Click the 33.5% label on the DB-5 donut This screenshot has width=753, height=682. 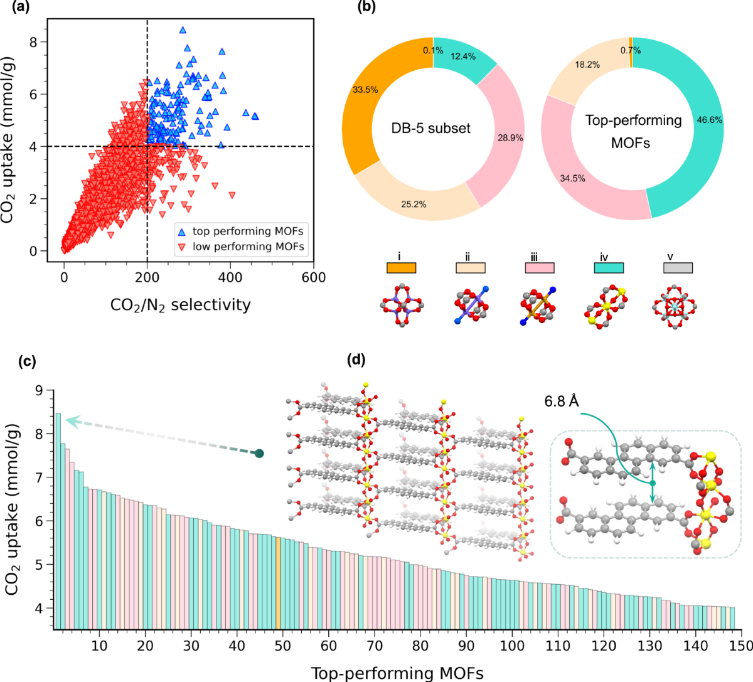tap(365, 90)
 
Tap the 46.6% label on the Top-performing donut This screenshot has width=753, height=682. tap(709, 120)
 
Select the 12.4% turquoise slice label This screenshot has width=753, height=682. tap(463, 56)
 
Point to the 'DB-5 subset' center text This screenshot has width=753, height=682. tap(430, 129)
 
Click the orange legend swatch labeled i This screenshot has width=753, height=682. tap(401, 267)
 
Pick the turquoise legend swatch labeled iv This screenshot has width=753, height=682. tap(609, 267)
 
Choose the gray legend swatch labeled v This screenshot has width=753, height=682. tap(678, 267)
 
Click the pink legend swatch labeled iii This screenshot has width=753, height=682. tap(539, 267)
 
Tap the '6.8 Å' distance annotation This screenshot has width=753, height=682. tap(562, 400)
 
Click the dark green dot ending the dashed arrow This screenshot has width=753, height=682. tap(259, 453)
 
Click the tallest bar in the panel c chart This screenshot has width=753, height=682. tap(58, 521)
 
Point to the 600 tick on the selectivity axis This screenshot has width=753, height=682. tap(313, 278)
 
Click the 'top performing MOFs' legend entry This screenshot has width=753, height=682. tap(247, 232)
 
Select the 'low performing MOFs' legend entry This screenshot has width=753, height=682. tap(247, 247)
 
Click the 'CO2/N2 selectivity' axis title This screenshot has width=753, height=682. tap(181, 306)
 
